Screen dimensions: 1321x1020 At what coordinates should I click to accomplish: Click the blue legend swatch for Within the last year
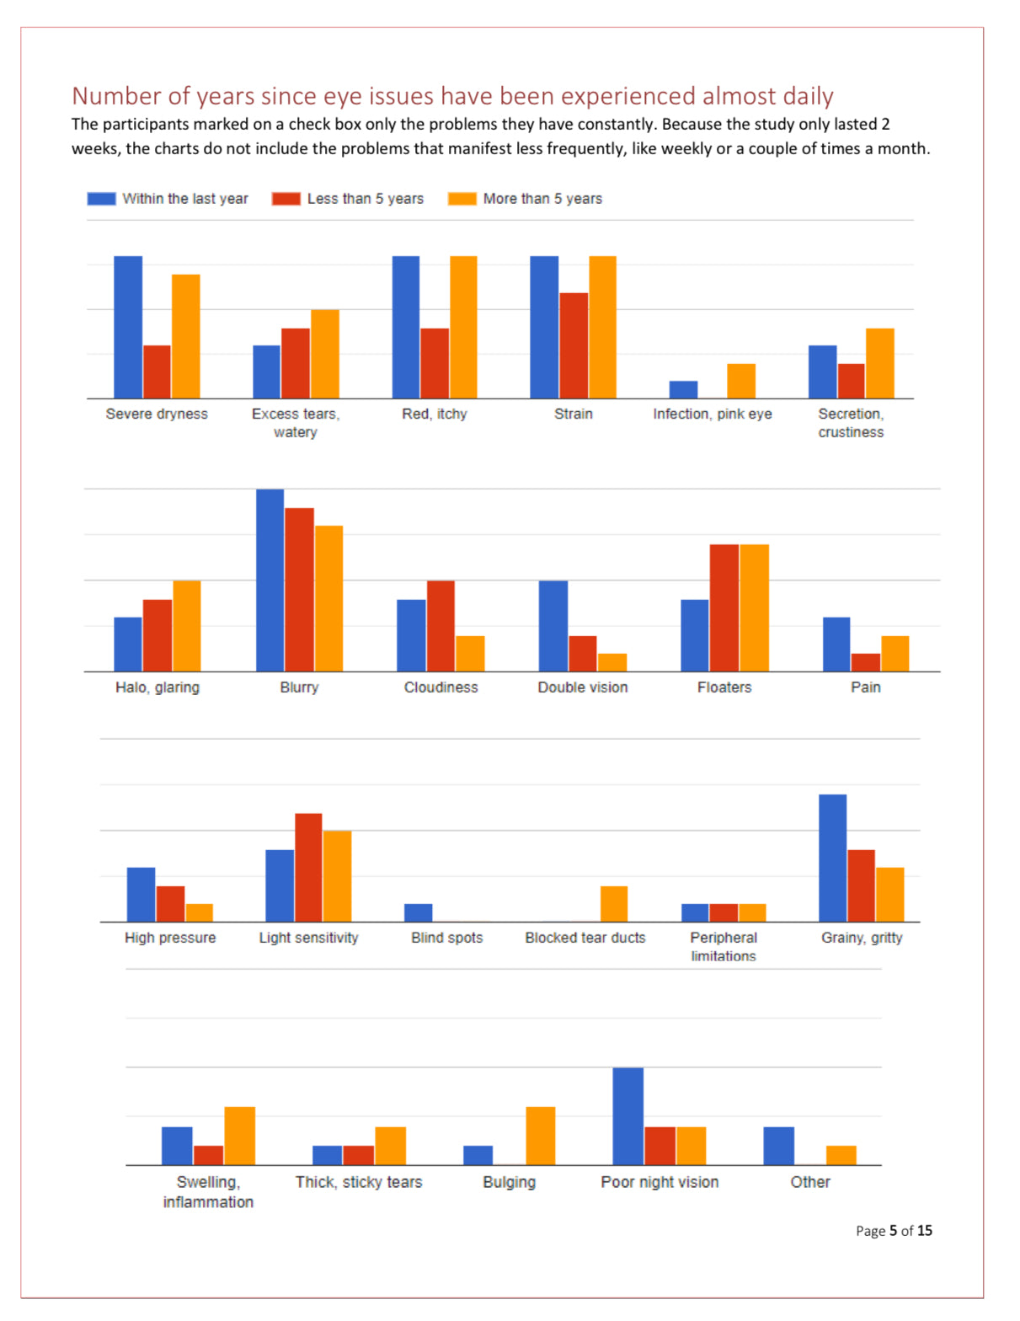(x=101, y=199)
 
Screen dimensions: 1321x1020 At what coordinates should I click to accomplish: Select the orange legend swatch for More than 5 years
(x=462, y=199)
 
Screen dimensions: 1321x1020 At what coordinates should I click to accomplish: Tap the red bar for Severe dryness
(x=157, y=372)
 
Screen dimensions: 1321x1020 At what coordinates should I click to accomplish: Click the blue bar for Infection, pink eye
(x=683, y=389)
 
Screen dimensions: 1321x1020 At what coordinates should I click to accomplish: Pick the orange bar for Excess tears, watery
(x=325, y=354)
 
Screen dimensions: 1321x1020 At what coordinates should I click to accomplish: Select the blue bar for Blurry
(x=270, y=580)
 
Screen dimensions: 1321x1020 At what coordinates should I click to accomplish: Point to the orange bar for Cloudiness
(x=470, y=654)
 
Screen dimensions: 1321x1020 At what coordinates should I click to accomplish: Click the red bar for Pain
(x=865, y=662)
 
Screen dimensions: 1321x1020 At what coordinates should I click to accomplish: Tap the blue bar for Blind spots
(x=418, y=912)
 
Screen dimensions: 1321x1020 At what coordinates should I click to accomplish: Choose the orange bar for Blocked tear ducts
(x=614, y=904)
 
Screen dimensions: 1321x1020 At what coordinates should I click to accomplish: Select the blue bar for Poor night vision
(x=627, y=1116)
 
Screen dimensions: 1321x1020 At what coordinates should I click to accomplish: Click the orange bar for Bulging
(x=540, y=1136)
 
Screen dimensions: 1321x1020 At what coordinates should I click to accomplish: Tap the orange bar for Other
(x=841, y=1155)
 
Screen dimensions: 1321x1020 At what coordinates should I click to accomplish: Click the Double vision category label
(x=583, y=687)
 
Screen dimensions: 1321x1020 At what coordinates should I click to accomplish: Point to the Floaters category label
(x=724, y=687)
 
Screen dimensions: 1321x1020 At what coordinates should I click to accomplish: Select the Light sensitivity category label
(x=308, y=938)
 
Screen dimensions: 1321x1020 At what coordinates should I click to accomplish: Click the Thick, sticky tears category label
(x=359, y=1182)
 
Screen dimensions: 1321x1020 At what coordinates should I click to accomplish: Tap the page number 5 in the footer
(x=893, y=1231)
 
